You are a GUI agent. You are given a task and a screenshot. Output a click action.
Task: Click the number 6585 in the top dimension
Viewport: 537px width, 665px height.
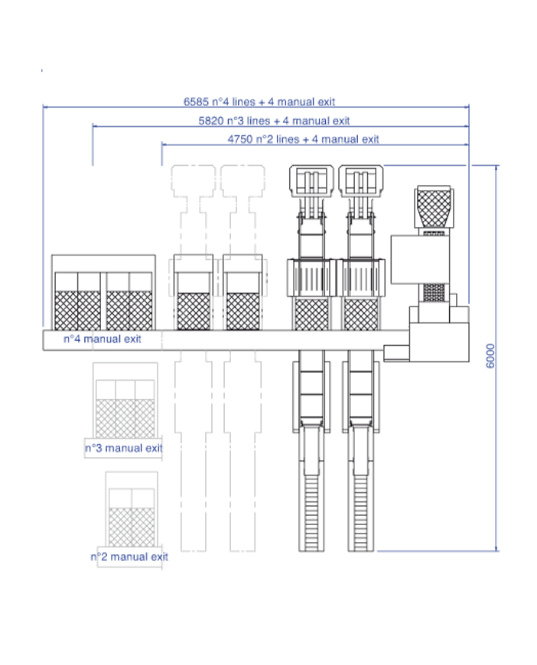click(196, 102)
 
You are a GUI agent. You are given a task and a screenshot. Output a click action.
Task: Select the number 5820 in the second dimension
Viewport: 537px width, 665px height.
click(211, 121)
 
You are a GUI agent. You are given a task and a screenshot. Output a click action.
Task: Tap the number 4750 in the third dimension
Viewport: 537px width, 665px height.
click(240, 139)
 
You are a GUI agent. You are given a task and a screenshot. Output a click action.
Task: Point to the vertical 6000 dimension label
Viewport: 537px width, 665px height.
click(490, 356)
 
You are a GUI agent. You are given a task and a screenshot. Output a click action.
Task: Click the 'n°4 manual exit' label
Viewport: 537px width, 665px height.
click(103, 339)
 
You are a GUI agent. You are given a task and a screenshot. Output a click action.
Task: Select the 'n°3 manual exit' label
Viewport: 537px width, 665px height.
click(124, 448)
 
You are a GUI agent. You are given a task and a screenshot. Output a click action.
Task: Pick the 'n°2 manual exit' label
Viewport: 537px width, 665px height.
click(129, 557)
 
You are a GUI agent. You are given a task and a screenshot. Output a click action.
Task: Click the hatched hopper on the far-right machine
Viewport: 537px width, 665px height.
click(434, 209)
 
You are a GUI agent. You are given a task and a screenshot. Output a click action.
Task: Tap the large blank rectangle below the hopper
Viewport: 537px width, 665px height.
click(420, 260)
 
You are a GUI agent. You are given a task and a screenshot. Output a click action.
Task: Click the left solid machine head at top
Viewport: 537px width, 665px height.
click(311, 181)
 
